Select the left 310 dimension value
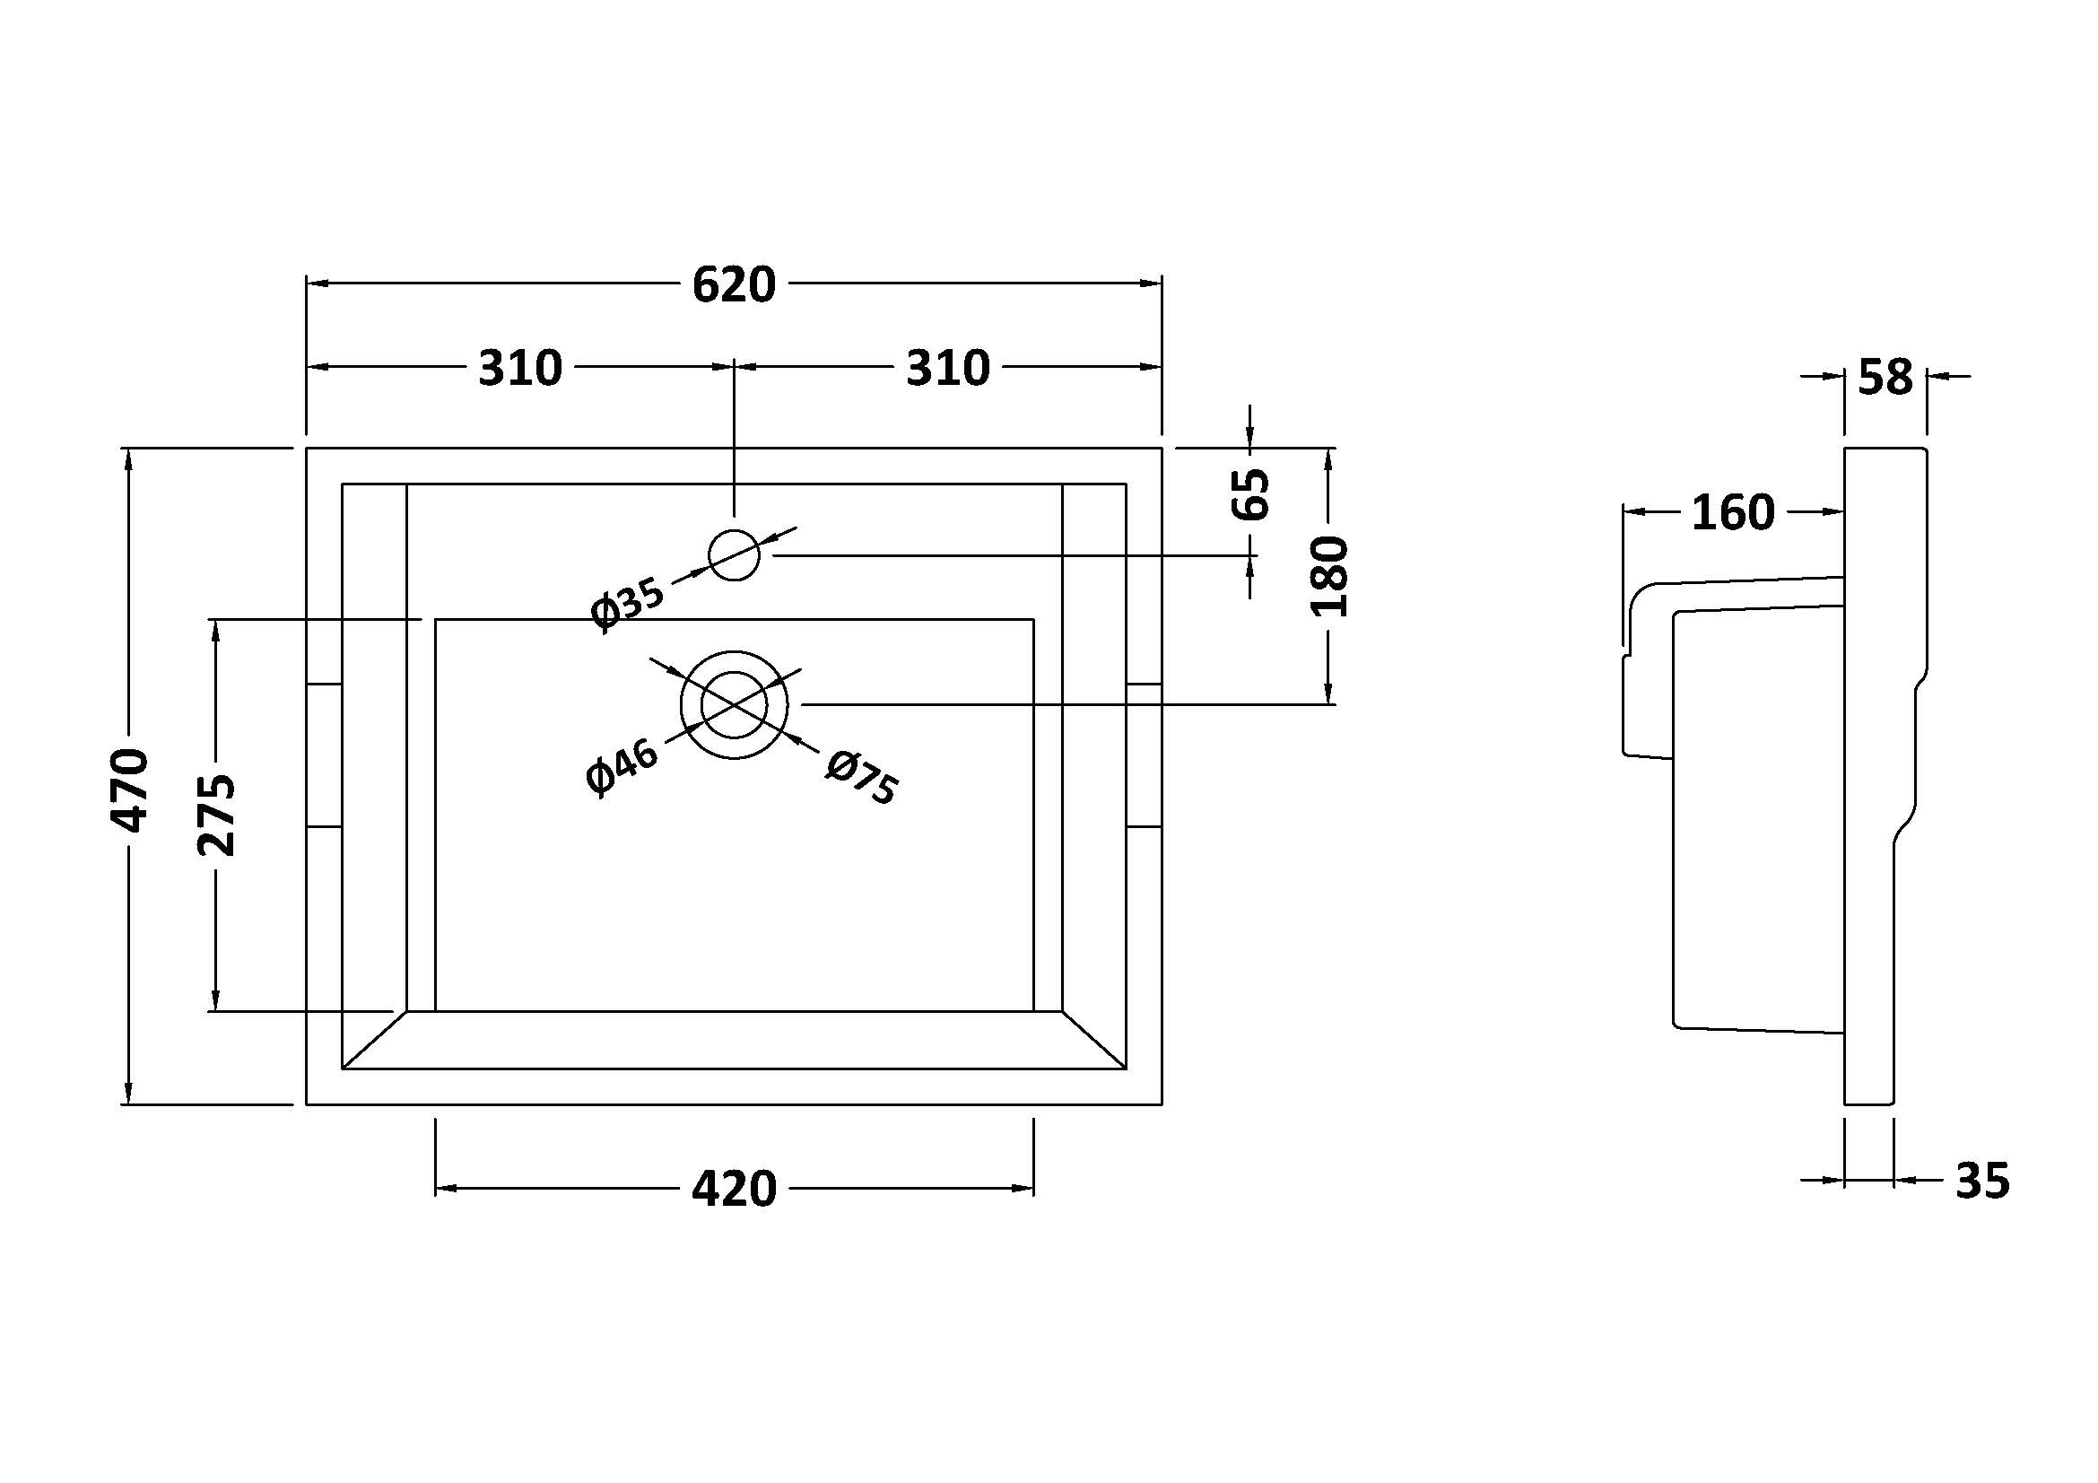pos(520,367)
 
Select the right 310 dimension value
pos(947,367)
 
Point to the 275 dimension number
pos(216,814)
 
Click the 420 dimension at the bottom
pos(734,1189)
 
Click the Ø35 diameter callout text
pos(628,604)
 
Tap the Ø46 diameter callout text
pos(622,769)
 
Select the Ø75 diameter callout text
pos(861,777)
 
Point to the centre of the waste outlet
pos(734,704)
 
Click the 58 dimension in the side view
pos(1885,377)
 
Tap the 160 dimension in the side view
pos(1733,512)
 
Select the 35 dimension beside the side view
pos(1982,1181)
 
